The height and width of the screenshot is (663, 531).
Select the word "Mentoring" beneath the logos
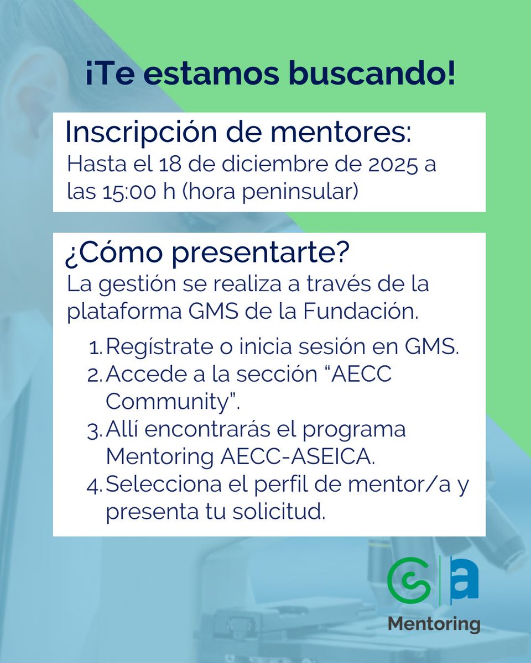click(x=434, y=624)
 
